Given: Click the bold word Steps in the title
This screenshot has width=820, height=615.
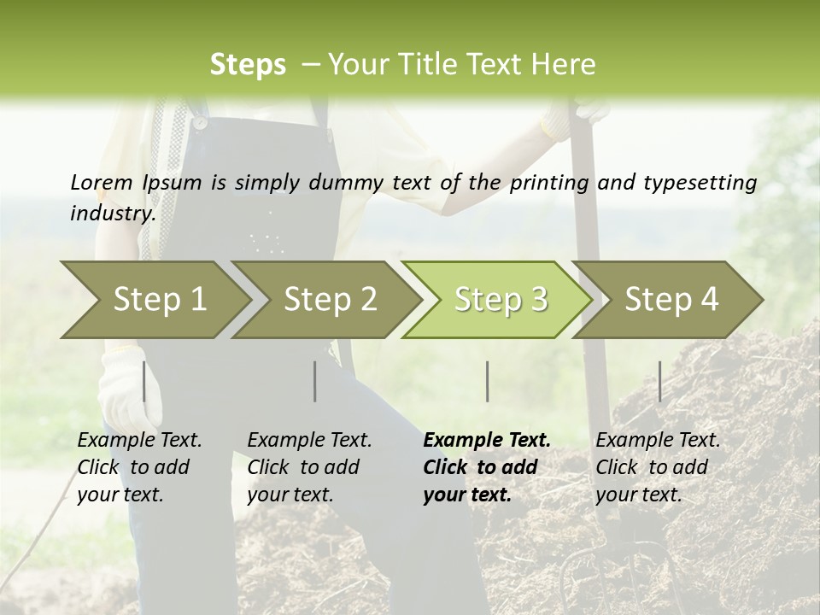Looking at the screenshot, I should [248, 65].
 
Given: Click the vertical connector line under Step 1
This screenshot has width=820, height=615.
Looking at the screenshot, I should [144, 381].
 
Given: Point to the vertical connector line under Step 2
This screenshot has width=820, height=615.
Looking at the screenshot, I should [315, 381].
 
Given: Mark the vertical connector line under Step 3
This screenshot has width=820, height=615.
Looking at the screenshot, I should [487, 381].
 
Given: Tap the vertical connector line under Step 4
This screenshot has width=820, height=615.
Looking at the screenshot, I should [659, 381].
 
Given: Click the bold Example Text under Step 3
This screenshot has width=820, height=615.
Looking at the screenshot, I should [487, 467].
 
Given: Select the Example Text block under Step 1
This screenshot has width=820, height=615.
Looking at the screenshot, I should [139, 467].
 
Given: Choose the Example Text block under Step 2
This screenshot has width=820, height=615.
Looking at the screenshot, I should [309, 467].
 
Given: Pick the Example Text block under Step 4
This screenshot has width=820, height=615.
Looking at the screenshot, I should [658, 467].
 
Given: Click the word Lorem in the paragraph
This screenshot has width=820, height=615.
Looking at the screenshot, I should [101, 182].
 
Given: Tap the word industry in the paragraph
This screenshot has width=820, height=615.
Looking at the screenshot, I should [112, 213].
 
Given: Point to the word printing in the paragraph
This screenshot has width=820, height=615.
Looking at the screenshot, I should [548, 182].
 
